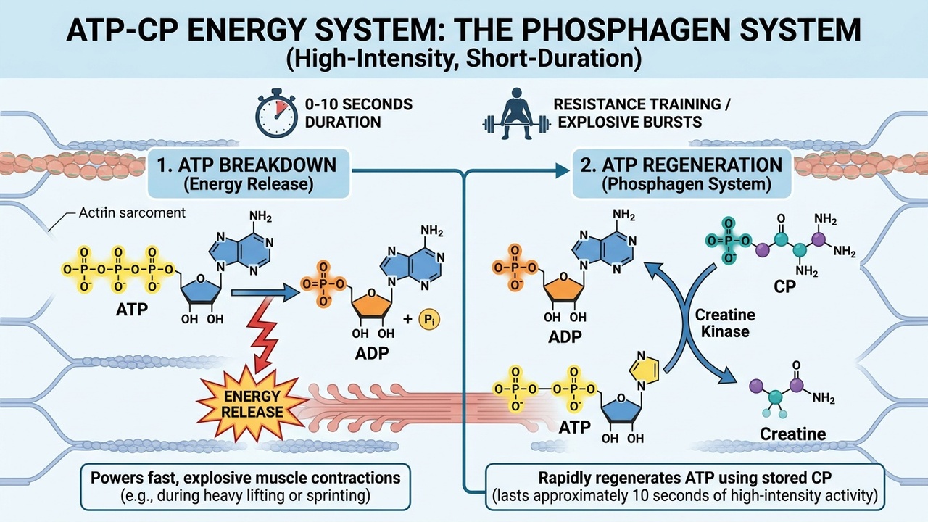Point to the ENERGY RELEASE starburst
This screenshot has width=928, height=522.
tap(244, 402)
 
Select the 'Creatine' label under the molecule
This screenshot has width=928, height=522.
tap(792, 434)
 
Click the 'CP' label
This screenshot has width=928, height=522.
tap(784, 286)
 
